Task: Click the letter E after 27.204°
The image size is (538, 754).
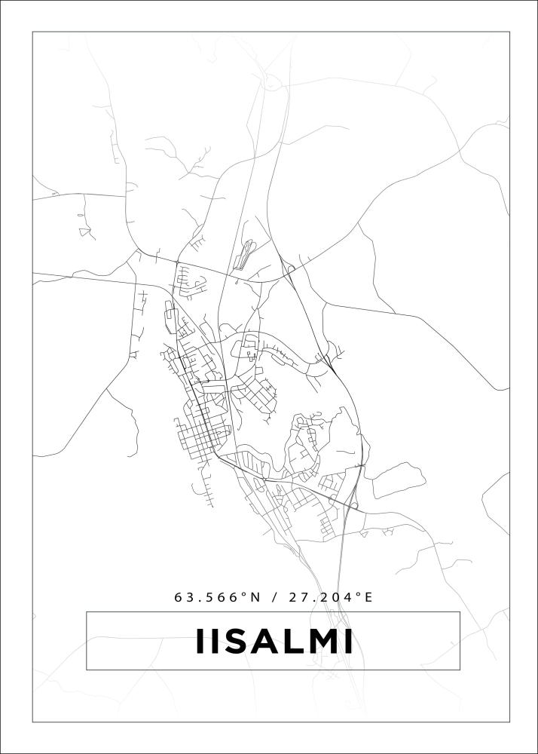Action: pyautogui.click(x=368, y=597)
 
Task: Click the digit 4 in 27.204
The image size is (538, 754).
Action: pyautogui.click(x=347, y=597)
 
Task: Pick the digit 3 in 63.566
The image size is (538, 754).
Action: pyautogui.click(x=189, y=597)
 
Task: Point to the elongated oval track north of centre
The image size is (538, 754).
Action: pyautogui.click(x=244, y=254)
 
